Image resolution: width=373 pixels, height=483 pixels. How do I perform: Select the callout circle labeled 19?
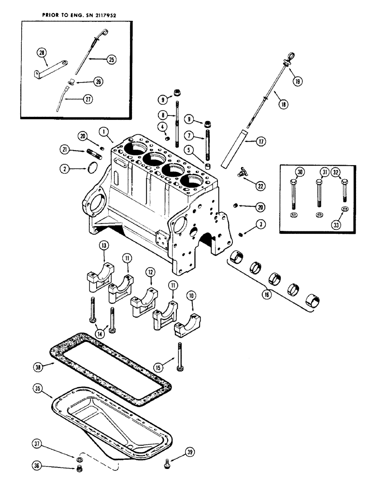coord(297,81)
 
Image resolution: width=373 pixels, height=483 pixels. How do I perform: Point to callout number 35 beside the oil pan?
coord(37,388)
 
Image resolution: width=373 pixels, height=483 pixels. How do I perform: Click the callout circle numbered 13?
coord(104,259)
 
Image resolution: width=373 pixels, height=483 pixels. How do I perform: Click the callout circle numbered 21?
coord(65,151)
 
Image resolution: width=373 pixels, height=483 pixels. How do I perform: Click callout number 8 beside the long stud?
coord(163,115)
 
